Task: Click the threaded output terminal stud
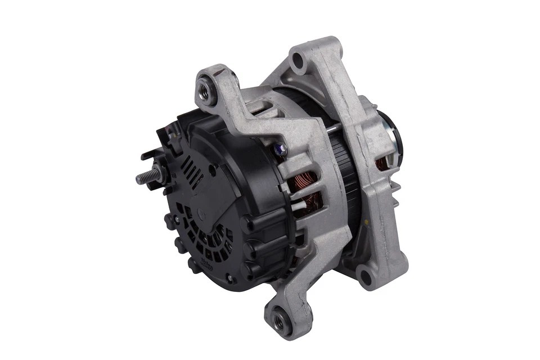point(144,178)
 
